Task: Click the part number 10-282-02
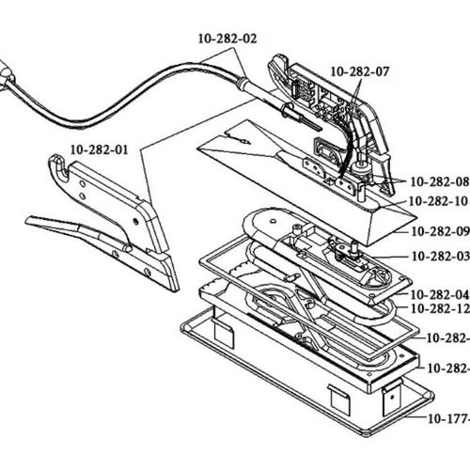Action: [227, 39]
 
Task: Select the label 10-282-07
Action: [359, 71]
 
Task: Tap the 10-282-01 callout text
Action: [99, 148]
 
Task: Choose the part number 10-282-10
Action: [437, 201]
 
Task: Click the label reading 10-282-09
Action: [437, 229]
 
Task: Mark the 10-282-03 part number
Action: [437, 256]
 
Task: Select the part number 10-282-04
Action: [437, 293]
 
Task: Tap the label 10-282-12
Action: [437, 308]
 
